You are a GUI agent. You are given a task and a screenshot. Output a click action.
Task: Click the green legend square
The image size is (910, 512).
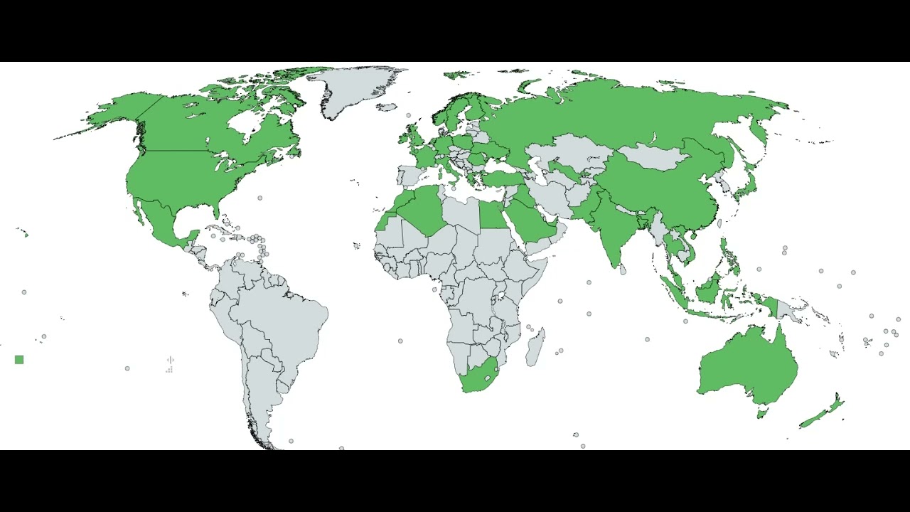coord(19,360)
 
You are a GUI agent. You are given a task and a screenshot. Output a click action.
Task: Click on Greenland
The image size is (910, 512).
coord(355,89)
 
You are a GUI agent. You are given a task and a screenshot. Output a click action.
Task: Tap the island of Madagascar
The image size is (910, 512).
coord(536,348)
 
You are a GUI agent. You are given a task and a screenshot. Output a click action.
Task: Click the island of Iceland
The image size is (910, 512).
coord(387,107)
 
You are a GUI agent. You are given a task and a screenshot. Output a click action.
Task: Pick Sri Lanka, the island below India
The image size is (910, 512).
coord(623,270)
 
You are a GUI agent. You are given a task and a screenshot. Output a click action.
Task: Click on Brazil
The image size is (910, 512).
coord(284,320)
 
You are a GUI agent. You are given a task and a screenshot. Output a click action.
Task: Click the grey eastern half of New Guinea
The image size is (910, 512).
coord(786,309)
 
